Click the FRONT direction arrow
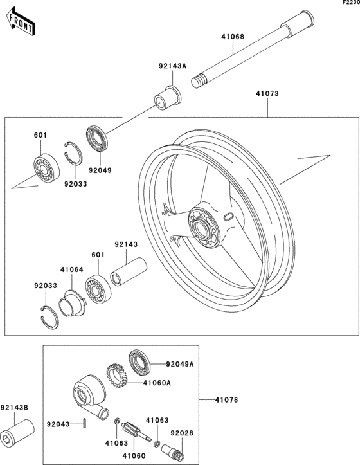coord(21,22)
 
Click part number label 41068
coord(233,37)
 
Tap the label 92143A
coord(172,66)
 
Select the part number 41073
coord(267,93)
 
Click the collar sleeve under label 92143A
coord(168,98)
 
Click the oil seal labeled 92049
coord(97,139)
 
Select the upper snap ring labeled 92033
coord(73,152)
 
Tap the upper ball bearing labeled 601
coord(46,168)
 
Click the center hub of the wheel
coord(204,228)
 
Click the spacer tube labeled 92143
coord(129,271)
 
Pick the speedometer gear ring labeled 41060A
coord(117,376)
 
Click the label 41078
coord(226,400)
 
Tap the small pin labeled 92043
coord(85,423)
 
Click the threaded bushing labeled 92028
coord(172,452)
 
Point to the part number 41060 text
coord(134,455)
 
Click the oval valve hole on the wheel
coord(228,217)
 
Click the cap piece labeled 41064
coord(73,304)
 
